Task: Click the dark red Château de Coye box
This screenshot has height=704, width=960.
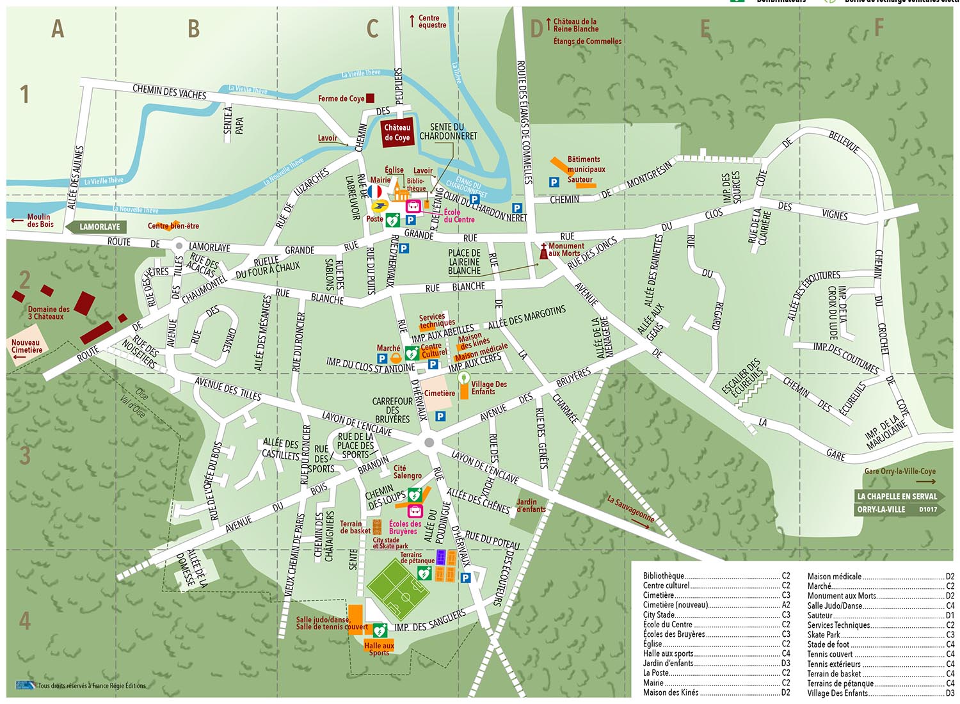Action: click(x=397, y=133)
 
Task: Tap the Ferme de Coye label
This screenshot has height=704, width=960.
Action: click(x=341, y=99)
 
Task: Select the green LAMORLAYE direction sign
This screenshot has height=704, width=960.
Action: click(x=99, y=227)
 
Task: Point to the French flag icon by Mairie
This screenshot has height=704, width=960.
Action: click(x=375, y=191)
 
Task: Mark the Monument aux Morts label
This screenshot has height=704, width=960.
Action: click(x=566, y=250)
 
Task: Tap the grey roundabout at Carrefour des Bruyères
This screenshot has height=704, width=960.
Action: click(x=429, y=443)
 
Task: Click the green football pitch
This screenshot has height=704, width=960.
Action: click(x=398, y=588)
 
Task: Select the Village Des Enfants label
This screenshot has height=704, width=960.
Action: click(x=489, y=388)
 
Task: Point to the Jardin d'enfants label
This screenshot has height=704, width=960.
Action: click(x=531, y=506)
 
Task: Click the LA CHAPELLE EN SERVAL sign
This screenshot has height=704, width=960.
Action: click(x=897, y=496)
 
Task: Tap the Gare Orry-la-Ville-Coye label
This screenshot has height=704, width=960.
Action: click(x=899, y=471)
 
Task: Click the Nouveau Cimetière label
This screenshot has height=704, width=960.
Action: click(x=26, y=346)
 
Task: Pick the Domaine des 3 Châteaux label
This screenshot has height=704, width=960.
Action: click(x=48, y=313)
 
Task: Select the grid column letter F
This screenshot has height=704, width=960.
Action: click(x=879, y=28)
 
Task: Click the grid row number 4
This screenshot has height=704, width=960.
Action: click(x=24, y=620)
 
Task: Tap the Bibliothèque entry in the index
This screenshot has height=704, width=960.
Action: click(x=664, y=576)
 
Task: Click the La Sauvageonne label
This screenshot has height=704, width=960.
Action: click(x=631, y=509)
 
